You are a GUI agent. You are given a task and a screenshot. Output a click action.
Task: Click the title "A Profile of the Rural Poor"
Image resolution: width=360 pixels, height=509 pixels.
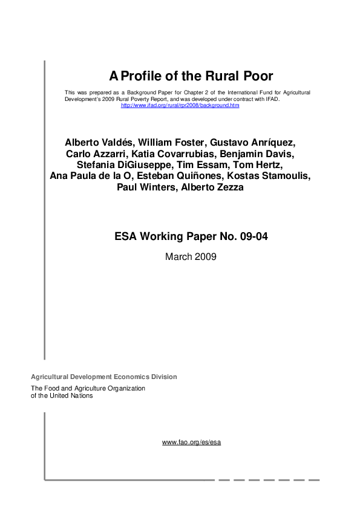coord(191,76)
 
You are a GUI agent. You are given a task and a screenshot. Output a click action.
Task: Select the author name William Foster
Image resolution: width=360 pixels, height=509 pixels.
coord(170,143)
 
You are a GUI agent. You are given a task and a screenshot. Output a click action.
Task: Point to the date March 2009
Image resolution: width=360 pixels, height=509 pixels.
coord(191,256)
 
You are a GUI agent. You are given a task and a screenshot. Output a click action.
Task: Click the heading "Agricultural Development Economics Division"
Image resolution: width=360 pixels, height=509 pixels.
coord(104,377)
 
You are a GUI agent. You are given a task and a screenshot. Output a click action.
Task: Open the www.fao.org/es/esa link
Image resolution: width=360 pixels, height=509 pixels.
coord(191,443)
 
